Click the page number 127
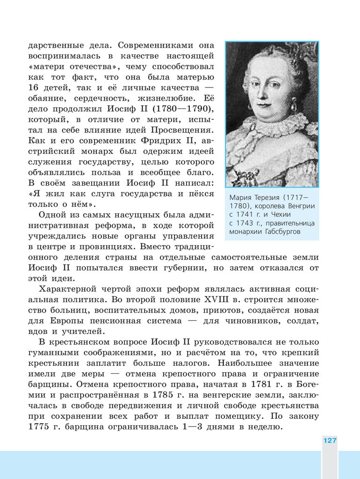tap(330, 441)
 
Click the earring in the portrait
tap(294, 104)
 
